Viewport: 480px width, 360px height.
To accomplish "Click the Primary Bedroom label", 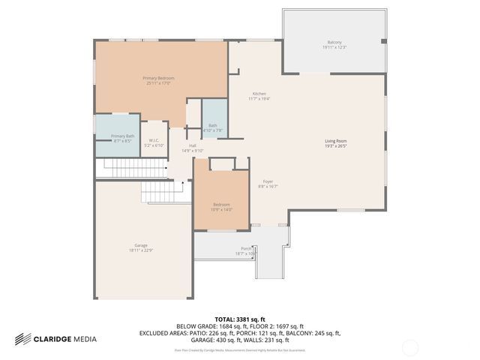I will click(x=158, y=78).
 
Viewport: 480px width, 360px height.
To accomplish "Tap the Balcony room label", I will click(x=334, y=42).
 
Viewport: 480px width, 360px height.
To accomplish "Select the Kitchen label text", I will click(x=259, y=93).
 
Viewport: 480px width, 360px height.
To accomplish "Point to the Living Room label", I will click(x=335, y=141).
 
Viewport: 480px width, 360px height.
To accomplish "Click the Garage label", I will click(x=140, y=245).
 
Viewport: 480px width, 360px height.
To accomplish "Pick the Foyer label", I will click(x=268, y=181).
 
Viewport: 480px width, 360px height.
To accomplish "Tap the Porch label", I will click(x=245, y=248).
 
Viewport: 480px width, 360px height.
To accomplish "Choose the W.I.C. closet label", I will click(x=154, y=140).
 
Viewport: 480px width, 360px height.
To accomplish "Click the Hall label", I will click(x=193, y=145).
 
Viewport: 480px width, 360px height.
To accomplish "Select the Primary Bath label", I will click(x=122, y=136).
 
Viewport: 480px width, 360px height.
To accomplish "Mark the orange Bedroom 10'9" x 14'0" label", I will click(x=221, y=205).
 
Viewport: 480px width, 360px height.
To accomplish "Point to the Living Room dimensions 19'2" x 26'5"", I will click(x=335, y=146).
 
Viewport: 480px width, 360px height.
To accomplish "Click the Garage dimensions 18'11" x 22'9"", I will click(x=140, y=250).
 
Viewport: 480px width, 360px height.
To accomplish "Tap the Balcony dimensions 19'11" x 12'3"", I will click(x=334, y=47).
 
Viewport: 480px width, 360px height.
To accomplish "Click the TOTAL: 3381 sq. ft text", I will click(x=239, y=319).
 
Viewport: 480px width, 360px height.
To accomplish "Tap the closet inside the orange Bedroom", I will click(x=222, y=163).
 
